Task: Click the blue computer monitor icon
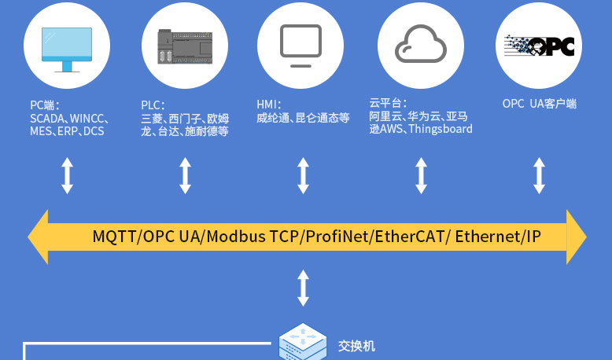click(67, 48)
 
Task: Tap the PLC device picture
click(185, 47)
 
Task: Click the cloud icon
click(421, 45)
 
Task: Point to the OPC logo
click(539, 47)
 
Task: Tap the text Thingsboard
click(441, 129)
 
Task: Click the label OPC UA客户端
click(540, 104)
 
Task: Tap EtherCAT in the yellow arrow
click(411, 237)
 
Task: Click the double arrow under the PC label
click(68, 175)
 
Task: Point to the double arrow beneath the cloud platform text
click(421, 175)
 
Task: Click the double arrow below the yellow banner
click(303, 288)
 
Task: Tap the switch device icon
click(303, 342)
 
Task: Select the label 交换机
click(357, 346)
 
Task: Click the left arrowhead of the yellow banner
click(39, 237)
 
